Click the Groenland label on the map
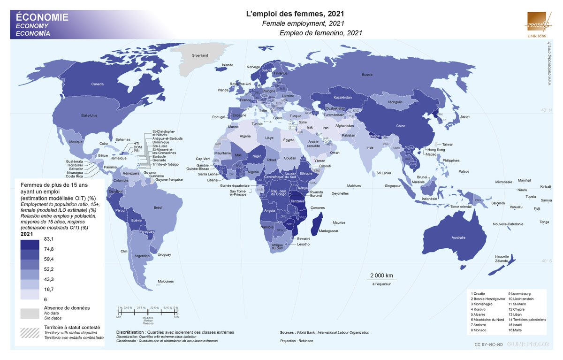pos(200,55)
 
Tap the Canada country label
pos(97,84)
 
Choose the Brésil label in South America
pos(158,207)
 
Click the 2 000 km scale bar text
pos(381,276)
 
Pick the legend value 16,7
pos(49,289)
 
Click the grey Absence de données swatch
pos(30,313)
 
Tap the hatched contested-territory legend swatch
pos(30,331)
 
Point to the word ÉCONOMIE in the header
pos(42,17)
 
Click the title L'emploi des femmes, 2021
pos(295,15)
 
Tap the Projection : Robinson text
pos(297,340)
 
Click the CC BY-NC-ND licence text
pos(488,345)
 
